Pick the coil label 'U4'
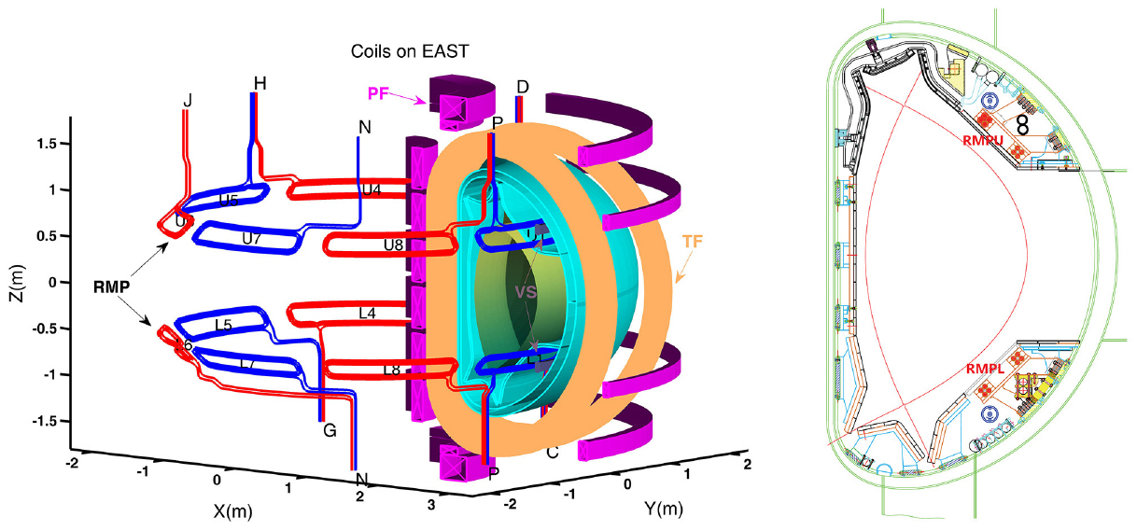372,189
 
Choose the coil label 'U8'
393,245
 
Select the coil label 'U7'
251,238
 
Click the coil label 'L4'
367,314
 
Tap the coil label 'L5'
223,324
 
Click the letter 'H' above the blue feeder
260,84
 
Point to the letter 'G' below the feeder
330,431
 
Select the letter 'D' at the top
523,87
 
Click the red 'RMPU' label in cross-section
981,139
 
